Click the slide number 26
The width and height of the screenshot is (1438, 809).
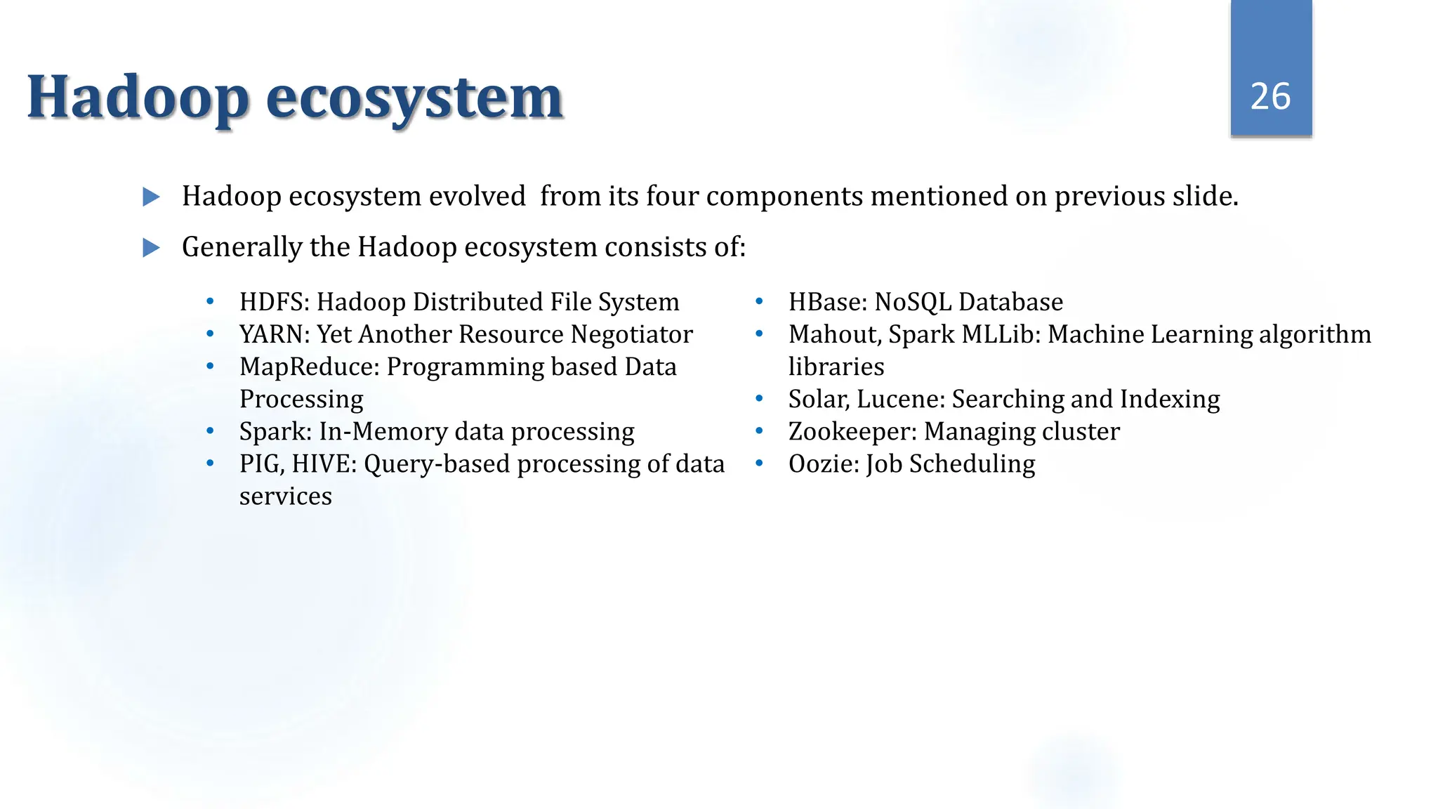[1270, 96]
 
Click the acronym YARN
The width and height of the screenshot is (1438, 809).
[272, 334]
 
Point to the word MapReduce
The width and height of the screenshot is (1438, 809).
[309, 367]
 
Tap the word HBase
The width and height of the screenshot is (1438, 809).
[825, 302]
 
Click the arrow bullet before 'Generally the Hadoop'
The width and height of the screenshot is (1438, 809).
[151, 248]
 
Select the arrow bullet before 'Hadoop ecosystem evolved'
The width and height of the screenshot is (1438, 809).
[151, 197]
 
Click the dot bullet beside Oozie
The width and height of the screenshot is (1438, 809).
[759, 463]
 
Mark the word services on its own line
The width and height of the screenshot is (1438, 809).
[285, 496]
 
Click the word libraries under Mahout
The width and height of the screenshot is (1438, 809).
[836, 367]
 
